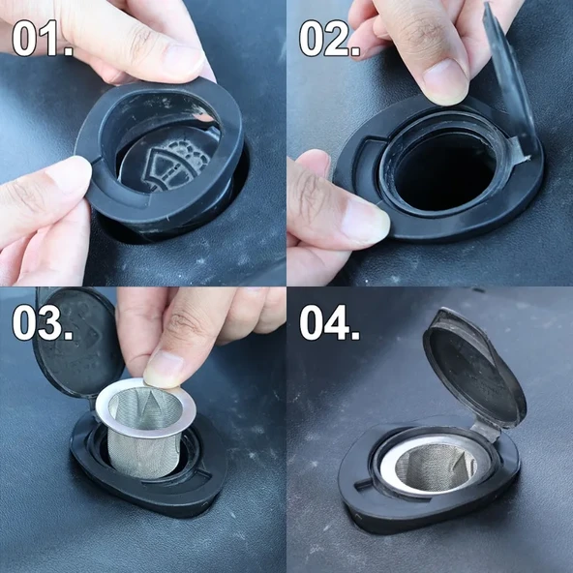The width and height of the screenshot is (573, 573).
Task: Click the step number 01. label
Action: (x=42, y=38)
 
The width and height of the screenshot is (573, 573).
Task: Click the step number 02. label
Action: (x=330, y=38)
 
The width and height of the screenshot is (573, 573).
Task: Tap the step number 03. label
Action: (x=42, y=323)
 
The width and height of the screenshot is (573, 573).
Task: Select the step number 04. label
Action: (x=330, y=323)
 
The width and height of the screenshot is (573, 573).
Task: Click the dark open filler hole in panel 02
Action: (x=444, y=171)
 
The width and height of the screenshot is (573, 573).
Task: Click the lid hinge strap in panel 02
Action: (x=518, y=149)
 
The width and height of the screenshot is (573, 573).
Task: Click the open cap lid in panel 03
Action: (x=77, y=343)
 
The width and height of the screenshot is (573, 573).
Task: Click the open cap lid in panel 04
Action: (x=474, y=368)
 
